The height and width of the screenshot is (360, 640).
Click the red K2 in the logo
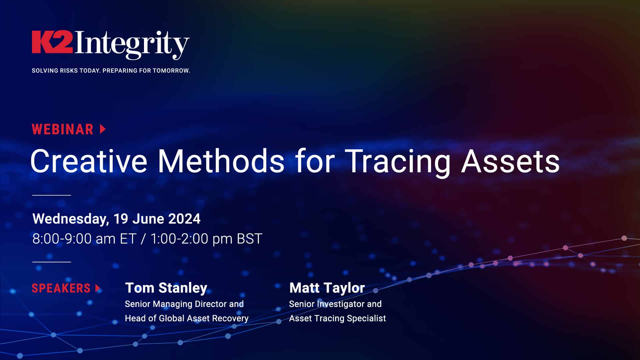[52, 42]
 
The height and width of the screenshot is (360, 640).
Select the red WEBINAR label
[63, 129]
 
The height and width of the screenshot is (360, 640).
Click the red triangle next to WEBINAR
[103, 129]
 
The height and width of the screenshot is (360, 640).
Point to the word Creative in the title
[89, 161]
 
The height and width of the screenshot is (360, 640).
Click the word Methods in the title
[221, 161]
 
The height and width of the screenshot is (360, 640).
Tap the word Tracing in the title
[398, 161]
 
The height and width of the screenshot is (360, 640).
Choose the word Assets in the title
[510, 161]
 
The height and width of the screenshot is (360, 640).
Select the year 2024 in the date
[184, 219]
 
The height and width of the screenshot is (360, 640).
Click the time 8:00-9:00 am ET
[84, 239]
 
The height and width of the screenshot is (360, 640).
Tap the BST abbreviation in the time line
[249, 239]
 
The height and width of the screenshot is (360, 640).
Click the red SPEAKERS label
[61, 288]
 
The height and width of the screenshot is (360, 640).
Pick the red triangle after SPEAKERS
[98, 288]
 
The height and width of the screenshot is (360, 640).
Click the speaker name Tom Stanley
[166, 288]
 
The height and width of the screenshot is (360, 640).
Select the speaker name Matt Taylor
[327, 288]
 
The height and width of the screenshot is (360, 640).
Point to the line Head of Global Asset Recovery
[187, 318]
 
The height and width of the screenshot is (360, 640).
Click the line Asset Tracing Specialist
[337, 318]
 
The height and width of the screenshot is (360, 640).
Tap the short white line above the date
[52, 195]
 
